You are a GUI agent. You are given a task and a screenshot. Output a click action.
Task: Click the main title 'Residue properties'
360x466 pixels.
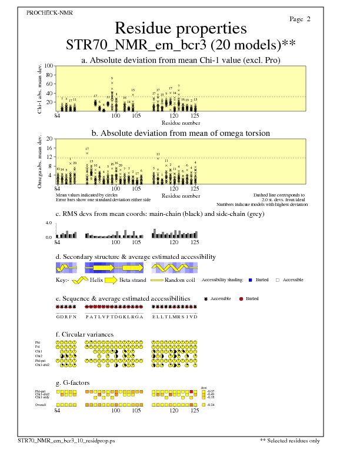point(180,28)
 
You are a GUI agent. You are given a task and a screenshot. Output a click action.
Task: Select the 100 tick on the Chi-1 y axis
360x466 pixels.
point(49,66)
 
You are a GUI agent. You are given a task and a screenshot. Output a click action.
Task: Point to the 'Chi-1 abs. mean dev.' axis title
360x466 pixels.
point(40,88)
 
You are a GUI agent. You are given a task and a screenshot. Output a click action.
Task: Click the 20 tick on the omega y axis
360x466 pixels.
point(50,139)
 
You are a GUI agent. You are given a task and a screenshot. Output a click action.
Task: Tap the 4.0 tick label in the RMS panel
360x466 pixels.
point(49,224)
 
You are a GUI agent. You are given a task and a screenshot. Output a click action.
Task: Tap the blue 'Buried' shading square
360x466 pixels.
point(251,280)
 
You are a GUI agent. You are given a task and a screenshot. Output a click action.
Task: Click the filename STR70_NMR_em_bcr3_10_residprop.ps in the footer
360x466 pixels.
point(74,440)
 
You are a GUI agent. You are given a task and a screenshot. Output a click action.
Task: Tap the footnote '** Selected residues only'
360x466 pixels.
point(290,440)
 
